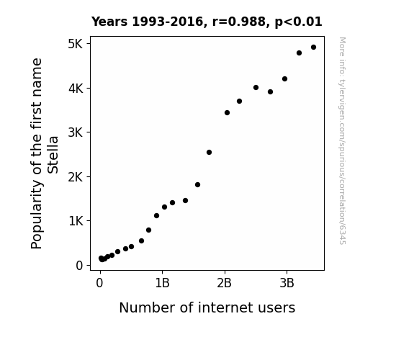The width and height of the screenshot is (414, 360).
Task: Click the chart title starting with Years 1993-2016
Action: pos(207,22)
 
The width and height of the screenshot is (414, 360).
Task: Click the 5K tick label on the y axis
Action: pos(76,44)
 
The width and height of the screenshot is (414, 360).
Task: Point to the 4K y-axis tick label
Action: pos(76,89)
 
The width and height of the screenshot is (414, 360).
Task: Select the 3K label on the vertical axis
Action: pos(76,132)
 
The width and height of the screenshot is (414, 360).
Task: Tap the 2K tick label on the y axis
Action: pos(76,176)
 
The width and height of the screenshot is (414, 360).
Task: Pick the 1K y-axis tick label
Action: pos(76,221)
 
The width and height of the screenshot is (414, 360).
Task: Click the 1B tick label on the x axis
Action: pos(162,284)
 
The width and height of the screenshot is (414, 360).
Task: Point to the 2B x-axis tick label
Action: pos(224,284)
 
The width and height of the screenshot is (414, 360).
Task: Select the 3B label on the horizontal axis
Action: pos(287,284)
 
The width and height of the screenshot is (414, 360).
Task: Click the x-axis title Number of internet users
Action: pos(207,307)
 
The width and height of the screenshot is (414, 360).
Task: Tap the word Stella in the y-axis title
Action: pos(53,155)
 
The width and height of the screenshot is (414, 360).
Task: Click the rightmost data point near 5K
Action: pos(313,48)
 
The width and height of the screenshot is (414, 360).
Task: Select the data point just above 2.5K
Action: pos(209,153)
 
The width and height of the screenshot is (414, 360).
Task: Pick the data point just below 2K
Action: pos(197,184)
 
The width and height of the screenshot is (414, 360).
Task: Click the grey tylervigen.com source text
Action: pos(343,141)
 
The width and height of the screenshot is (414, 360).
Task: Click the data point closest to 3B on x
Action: pos(284,79)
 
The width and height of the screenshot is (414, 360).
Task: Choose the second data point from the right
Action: pos(299,53)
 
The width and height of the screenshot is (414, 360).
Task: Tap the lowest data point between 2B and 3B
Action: pos(227,113)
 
